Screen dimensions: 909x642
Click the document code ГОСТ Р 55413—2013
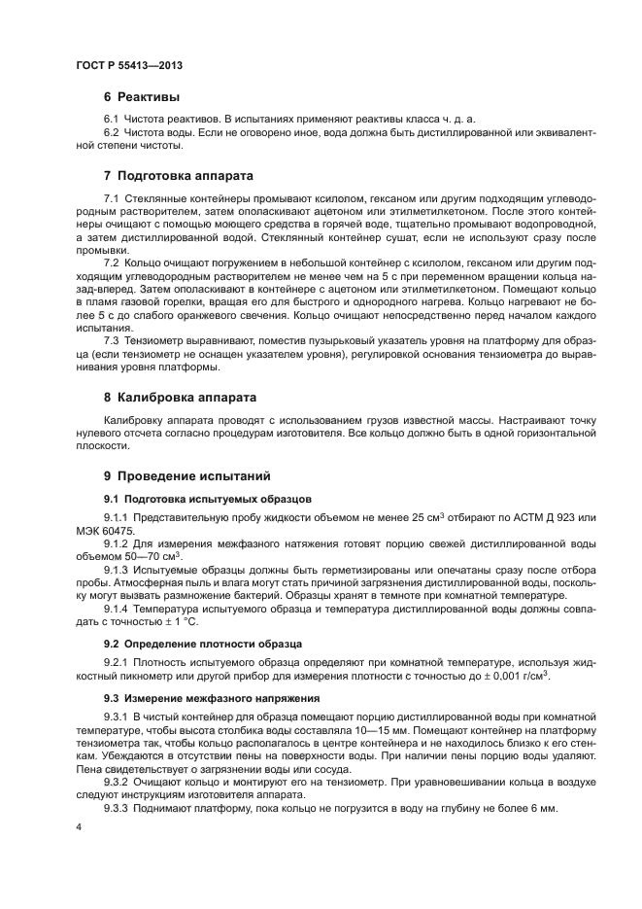point(129,64)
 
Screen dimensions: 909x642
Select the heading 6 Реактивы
point(142,97)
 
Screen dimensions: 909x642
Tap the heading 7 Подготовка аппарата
point(178,176)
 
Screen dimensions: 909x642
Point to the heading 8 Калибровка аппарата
point(180,398)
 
